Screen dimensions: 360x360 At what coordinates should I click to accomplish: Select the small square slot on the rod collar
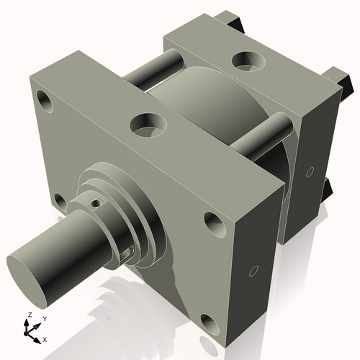pyautogui.click(x=127, y=253)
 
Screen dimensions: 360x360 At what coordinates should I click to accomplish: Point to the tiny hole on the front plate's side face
pyautogui.click(x=253, y=271)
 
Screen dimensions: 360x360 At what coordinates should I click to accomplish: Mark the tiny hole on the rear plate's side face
pyautogui.click(x=310, y=172)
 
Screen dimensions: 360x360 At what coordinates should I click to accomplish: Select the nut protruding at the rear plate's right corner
pyautogui.click(x=341, y=76)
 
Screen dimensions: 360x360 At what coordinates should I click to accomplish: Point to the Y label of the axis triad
pyautogui.click(x=45, y=318)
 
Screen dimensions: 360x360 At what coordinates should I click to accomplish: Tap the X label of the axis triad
pyautogui.click(x=45, y=338)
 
